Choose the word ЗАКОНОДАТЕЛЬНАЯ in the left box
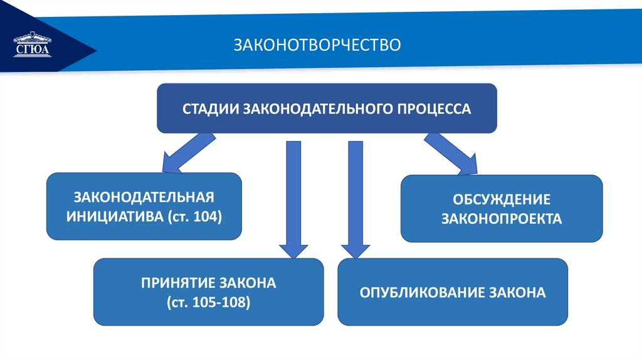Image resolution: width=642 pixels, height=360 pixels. [144, 197]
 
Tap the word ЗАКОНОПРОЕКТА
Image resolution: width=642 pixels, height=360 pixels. [502, 219]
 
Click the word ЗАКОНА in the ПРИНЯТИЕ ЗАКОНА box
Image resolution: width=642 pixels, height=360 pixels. [247, 283]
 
